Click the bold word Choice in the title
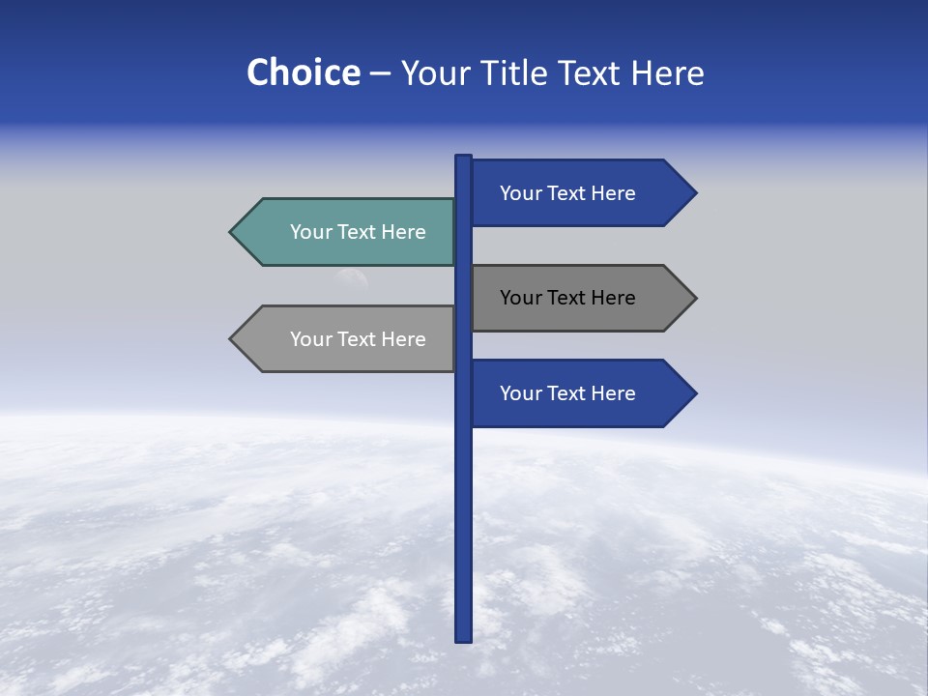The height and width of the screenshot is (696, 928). tap(303, 72)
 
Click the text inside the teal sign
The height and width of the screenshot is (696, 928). tap(358, 232)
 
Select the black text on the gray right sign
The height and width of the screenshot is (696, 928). tap(567, 298)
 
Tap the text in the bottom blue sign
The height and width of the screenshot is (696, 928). tap(567, 393)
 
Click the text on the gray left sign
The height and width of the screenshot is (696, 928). tap(358, 339)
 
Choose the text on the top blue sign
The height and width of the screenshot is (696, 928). tap(567, 193)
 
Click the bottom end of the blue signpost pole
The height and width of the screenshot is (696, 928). tap(463, 638)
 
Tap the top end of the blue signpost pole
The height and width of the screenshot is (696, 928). tap(463, 159)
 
